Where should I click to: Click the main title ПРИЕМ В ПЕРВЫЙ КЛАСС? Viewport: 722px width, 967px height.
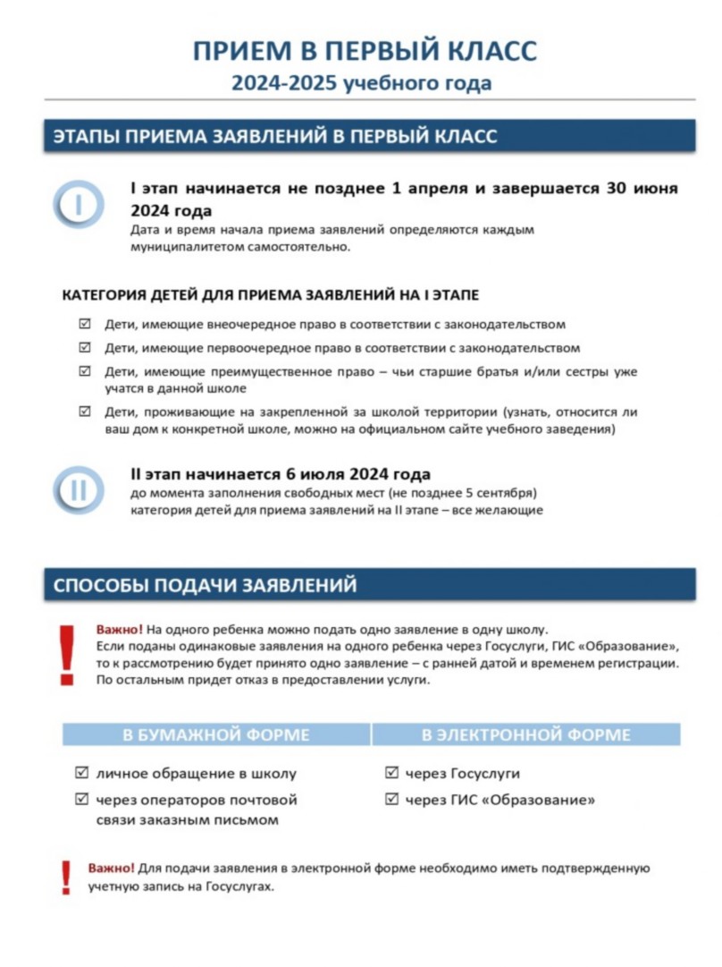click(x=365, y=51)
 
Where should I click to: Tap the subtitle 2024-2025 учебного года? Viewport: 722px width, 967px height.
click(x=362, y=84)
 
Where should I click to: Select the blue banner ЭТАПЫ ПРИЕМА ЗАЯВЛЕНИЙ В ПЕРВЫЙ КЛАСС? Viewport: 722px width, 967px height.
click(x=370, y=137)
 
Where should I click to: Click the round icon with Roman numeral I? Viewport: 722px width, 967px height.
click(x=78, y=204)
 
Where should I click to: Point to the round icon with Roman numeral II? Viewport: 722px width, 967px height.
click(x=78, y=489)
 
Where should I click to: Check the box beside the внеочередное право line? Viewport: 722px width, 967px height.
click(x=85, y=324)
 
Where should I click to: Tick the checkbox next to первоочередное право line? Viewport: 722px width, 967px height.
click(x=85, y=347)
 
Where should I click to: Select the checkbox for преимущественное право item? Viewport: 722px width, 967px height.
click(x=85, y=370)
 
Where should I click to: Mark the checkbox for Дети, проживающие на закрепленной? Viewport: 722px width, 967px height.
click(x=85, y=411)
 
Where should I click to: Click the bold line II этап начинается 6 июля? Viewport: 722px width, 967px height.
click(x=281, y=473)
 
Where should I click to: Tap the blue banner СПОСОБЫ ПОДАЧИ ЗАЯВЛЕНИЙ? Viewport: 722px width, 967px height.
click(x=370, y=585)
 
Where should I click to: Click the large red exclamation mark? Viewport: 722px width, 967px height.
click(x=66, y=656)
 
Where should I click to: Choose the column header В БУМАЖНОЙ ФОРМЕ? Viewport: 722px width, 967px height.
click(x=216, y=734)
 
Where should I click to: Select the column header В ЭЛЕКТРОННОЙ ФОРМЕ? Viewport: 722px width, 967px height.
click(x=526, y=734)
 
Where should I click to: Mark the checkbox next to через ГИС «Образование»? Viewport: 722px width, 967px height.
click(x=391, y=799)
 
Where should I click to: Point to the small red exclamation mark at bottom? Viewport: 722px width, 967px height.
click(x=65, y=878)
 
